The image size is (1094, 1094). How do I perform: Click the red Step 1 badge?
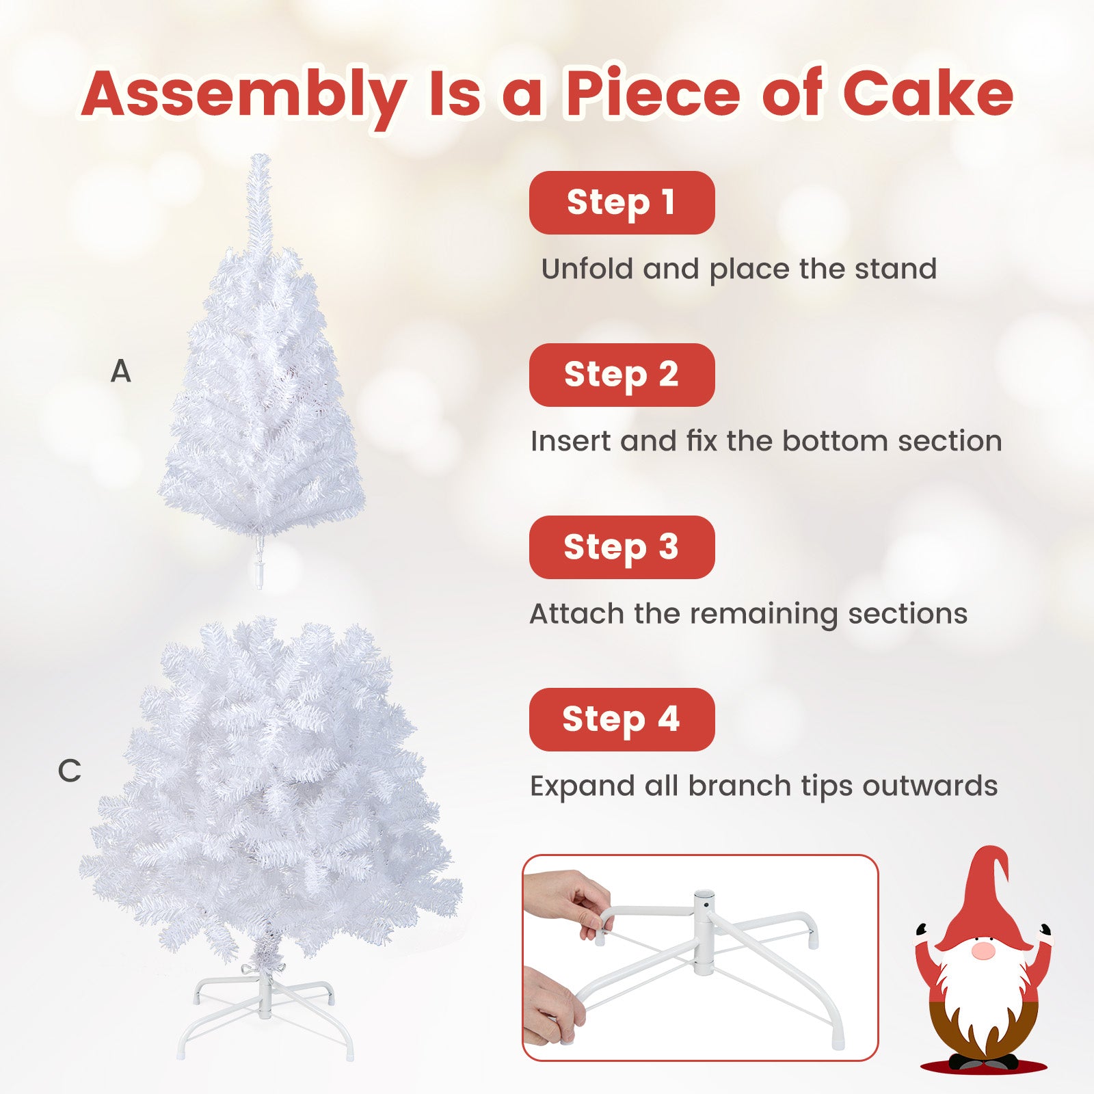(x=622, y=202)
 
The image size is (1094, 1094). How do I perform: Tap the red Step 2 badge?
(x=622, y=375)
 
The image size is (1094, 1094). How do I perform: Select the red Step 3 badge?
(x=622, y=547)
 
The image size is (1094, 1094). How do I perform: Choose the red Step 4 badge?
(x=622, y=719)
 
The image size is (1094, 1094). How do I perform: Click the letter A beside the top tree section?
(x=121, y=372)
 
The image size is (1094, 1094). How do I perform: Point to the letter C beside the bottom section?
(x=69, y=771)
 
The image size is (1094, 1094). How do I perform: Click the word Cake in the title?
(x=927, y=94)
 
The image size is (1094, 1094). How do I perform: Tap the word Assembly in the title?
(x=244, y=94)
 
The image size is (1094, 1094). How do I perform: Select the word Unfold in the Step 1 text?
(x=587, y=269)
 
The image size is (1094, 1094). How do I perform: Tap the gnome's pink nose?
(x=983, y=951)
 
